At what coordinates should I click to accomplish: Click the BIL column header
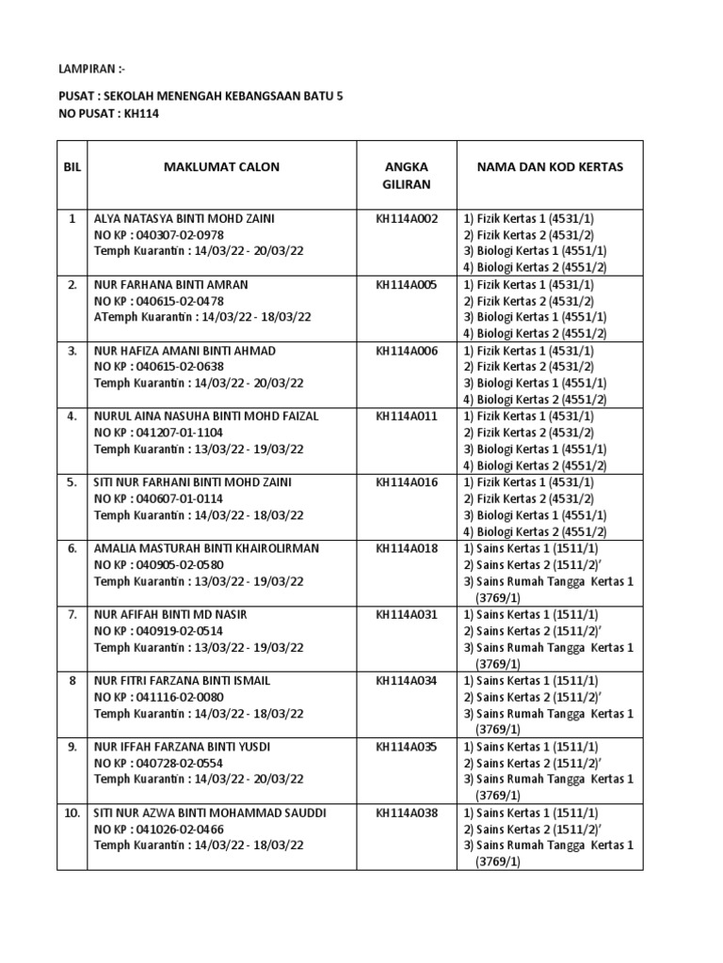click(72, 167)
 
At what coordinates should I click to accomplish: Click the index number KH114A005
click(407, 284)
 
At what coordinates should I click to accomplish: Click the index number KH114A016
click(407, 481)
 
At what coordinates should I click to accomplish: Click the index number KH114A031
click(407, 614)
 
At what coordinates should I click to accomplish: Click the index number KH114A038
click(407, 812)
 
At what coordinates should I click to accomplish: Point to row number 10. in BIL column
click(72, 812)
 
